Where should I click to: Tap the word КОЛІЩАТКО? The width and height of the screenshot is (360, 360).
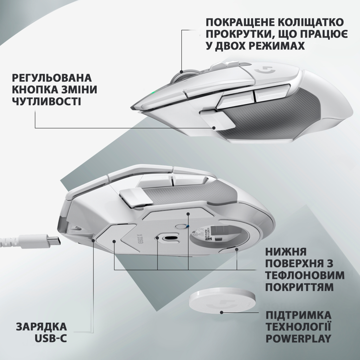[314, 23]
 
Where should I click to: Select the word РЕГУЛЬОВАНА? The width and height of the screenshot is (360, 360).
[52, 78]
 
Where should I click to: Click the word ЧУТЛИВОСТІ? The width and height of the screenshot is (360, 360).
[47, 101]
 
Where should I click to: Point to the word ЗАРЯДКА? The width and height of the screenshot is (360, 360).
[41, 327]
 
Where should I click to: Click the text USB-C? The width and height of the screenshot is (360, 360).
[51, 338]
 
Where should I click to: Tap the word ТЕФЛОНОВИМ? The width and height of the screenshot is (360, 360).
[304, 275]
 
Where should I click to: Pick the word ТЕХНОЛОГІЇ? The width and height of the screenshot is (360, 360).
[298, 327]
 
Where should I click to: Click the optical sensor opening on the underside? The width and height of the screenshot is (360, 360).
[168, 239]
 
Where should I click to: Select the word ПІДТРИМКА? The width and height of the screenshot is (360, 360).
[298, 315]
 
